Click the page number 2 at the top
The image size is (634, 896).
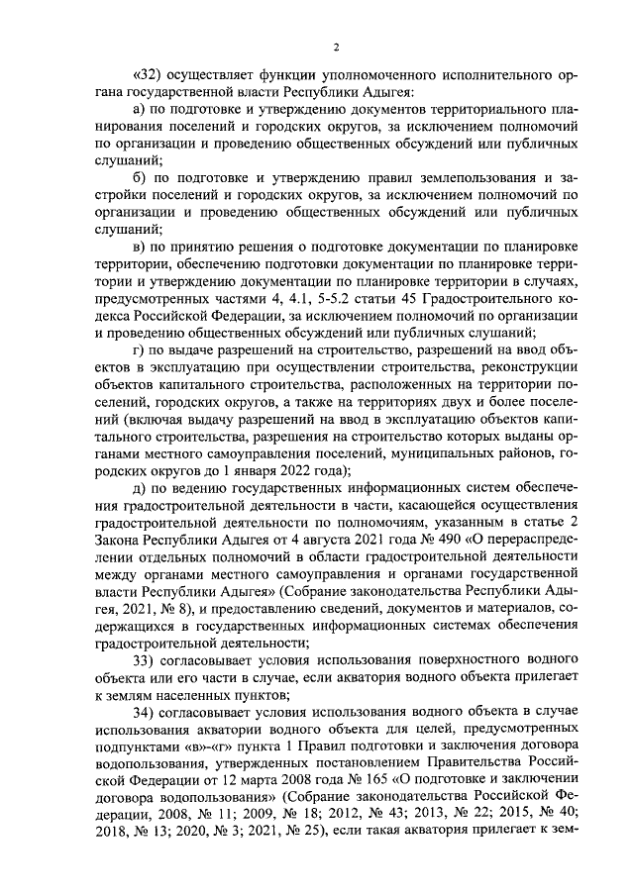pyautogui.click(x=336, y=47)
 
